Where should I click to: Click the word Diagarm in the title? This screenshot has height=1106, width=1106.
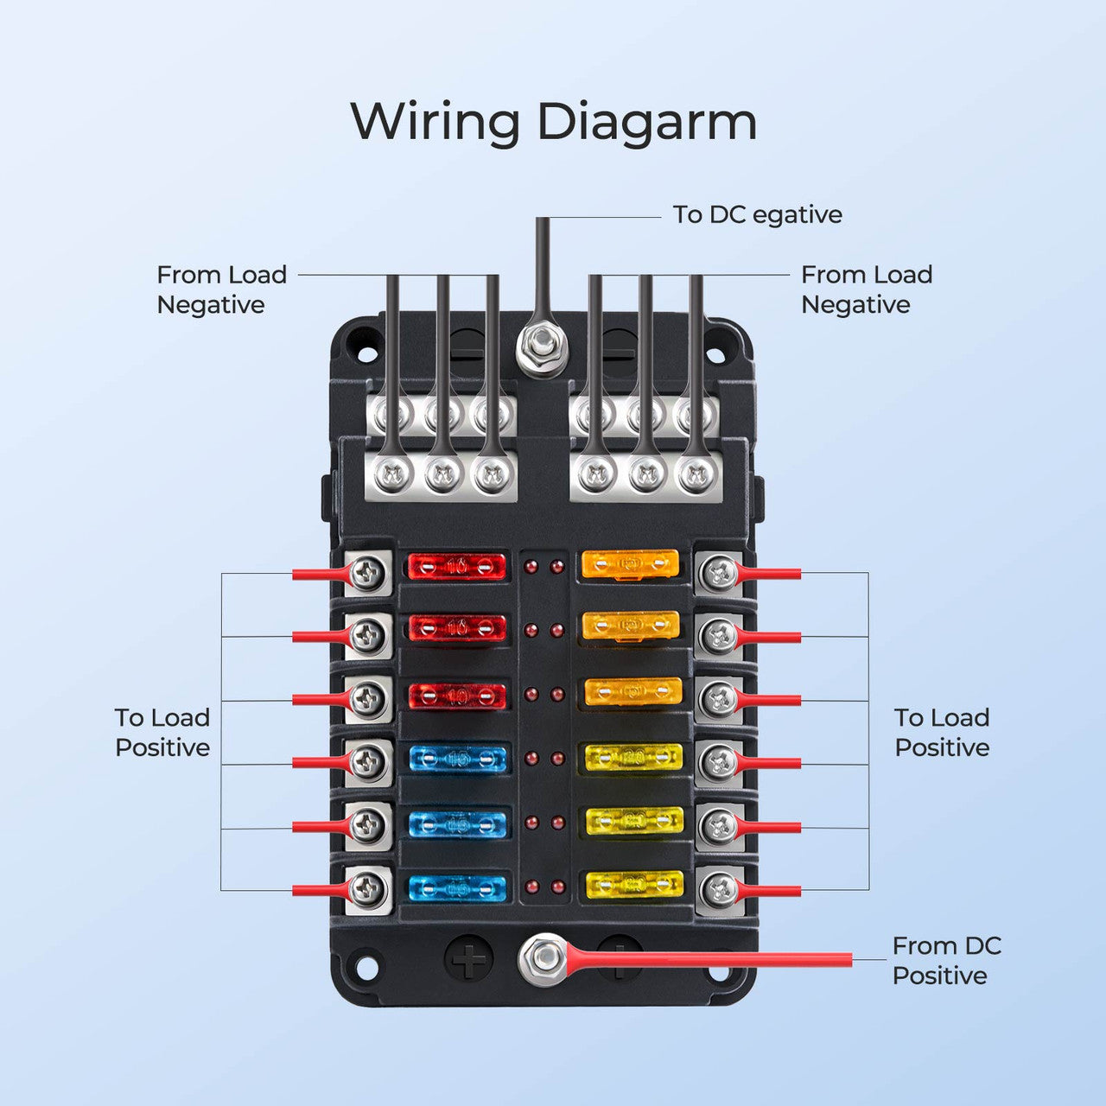[647, 122]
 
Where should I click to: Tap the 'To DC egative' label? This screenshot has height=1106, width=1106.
[757, 214]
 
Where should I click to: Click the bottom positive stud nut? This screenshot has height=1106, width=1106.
[542, 958]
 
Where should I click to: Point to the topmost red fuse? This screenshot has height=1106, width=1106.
[456, 567]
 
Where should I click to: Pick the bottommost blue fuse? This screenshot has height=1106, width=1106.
[456, 887]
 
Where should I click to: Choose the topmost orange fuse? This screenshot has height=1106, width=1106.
[630, 565]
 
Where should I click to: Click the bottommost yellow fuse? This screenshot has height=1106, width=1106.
[634, 885]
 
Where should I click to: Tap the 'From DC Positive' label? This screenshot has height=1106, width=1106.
[945, 961]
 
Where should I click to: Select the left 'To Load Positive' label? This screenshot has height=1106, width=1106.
[162, 733]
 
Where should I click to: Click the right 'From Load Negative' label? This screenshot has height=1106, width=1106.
[866, 289]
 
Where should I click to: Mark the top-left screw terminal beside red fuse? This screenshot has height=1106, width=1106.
[369, 571]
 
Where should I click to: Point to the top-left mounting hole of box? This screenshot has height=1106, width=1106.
[366, 353]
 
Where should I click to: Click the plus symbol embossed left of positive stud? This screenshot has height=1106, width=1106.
[468, 959]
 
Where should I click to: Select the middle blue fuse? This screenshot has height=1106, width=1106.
[456, 823]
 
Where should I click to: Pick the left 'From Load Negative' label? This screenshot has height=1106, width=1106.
[221, 289]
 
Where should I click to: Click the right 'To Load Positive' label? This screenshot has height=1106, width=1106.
[942, 733]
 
